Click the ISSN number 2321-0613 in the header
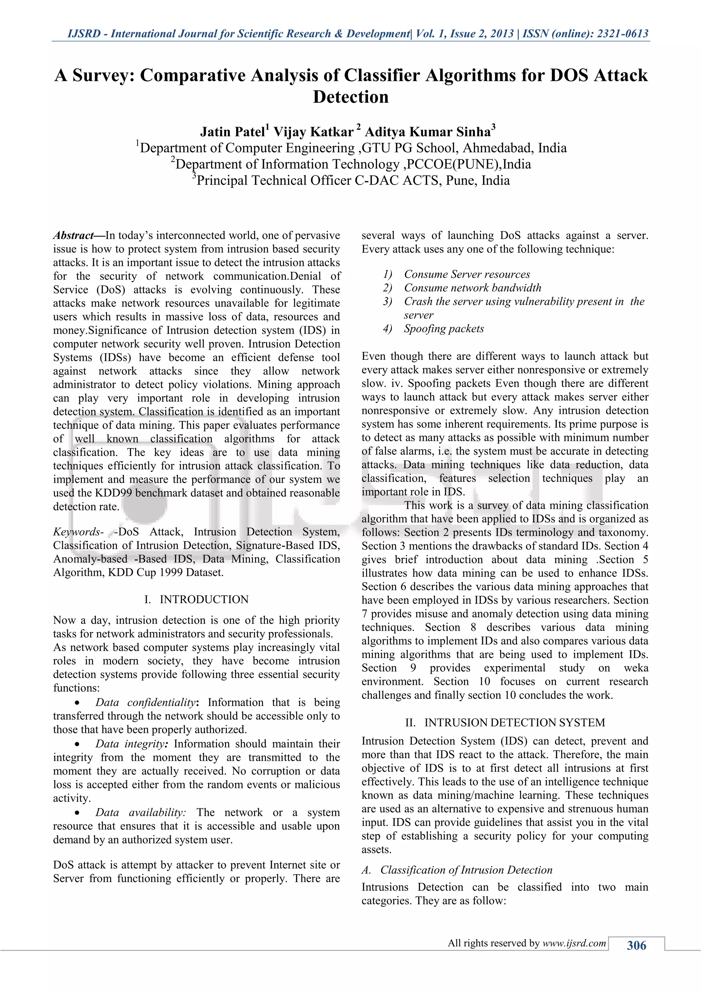point(622,34)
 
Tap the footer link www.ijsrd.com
point(574,943)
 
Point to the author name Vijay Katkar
point(313,132)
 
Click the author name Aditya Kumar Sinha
point(428,132)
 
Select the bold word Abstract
point(73,235)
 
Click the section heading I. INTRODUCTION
point(196,599)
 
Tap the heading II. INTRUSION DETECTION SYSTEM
point(505,722)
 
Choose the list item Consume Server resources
point(467,274)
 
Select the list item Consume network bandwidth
point(472,288)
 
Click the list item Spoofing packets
point(444,329)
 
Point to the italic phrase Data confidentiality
point(144,703)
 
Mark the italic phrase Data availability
point(140,812)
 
